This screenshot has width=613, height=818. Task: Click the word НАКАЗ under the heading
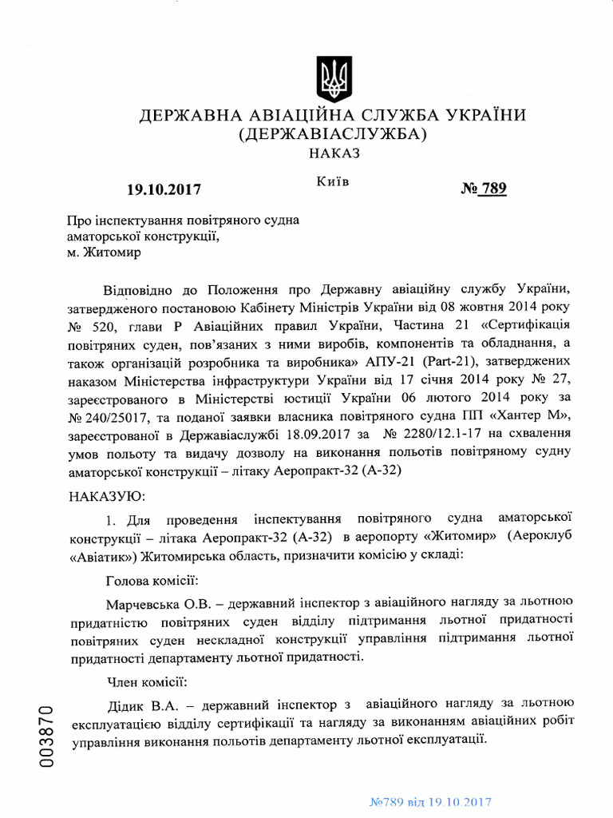333,153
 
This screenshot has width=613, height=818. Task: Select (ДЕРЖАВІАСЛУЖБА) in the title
333,133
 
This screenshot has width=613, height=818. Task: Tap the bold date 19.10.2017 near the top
164,190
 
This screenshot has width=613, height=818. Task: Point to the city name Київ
333,182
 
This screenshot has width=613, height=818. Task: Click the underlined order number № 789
484,189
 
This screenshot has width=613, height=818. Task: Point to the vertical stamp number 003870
46,737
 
